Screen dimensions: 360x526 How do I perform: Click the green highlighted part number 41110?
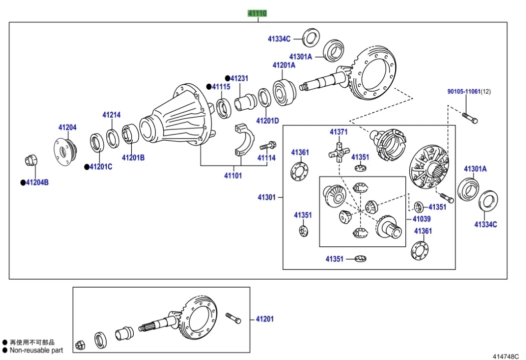258,13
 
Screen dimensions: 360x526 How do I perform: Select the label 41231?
239,78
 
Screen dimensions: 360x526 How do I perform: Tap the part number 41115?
221,87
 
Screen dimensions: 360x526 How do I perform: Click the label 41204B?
37,182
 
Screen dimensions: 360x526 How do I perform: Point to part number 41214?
112,115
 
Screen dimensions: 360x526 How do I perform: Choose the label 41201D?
267,120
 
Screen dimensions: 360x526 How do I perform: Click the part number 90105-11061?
464,92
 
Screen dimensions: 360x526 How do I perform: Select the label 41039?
422,219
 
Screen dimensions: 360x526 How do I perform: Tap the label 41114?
266,158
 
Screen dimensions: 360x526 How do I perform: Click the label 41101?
233,176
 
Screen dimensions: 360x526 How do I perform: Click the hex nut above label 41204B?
30,161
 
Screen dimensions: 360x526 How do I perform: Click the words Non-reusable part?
36,350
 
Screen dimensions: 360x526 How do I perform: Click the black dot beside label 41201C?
86,167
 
